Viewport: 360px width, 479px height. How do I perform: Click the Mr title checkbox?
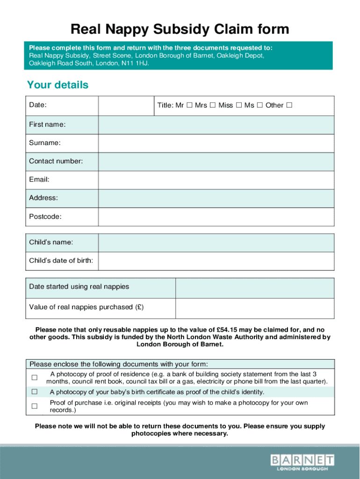[x=189, y=105]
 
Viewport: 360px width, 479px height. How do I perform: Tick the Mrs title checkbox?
[x=212, y=105]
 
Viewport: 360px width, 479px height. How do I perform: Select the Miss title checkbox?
[x=238, y=105]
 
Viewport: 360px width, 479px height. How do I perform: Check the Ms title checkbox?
[x=259, y=105]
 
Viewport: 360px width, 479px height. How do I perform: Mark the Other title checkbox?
[x=289, y=105]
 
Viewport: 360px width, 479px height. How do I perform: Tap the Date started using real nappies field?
[x=255, y=288]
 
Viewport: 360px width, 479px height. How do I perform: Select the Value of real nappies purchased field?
[x=255, y=308]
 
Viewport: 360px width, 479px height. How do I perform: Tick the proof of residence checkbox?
[x=34, y=377]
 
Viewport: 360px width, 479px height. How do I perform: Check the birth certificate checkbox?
[x=34, y=392]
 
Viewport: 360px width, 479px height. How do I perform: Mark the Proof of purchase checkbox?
[x=34, y=406]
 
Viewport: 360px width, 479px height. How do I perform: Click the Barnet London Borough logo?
[x=302, y=462]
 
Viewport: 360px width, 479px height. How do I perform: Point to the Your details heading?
[x=58, y=85]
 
